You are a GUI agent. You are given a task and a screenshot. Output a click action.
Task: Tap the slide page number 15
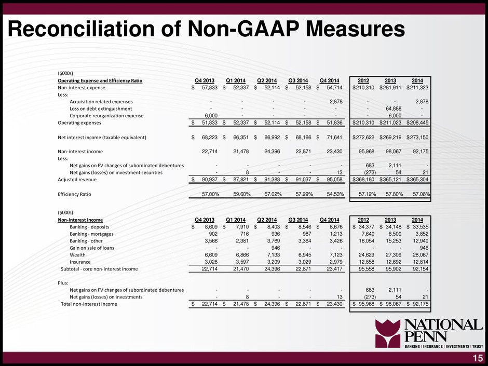tap(478, 358)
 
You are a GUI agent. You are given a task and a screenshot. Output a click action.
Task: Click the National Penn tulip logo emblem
tap(388, 333)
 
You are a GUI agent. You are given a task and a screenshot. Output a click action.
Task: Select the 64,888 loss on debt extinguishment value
tap(394, 109)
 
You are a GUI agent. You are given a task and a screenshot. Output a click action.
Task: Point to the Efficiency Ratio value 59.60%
tap(242, 194)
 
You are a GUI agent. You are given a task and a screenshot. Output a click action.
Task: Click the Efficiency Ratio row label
tap(74, 194)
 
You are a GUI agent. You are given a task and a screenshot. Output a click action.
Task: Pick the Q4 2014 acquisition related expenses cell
tap(336, 101)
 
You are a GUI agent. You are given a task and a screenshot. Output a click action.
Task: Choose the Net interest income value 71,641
tap(334, 137)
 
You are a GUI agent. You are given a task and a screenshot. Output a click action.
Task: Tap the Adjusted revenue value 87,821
tap(241, 179)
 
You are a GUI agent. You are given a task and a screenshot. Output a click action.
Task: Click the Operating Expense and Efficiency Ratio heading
tap(100, 80)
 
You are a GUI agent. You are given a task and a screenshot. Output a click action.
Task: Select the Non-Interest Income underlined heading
tap(80, 220)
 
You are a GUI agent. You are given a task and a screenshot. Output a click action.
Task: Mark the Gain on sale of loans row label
tap(92, 248)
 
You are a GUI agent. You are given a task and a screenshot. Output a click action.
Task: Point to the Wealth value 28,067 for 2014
tap(421, 255)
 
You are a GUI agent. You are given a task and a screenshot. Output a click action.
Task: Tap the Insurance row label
tap(80, 262)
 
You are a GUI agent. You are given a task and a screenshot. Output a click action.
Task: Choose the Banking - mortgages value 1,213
tap(336, 234)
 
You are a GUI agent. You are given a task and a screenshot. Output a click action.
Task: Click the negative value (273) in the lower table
tap(369, 297)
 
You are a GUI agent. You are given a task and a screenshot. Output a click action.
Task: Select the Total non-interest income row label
tap(89, 304)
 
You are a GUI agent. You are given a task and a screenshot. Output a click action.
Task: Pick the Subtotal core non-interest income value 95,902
tap(394, 269)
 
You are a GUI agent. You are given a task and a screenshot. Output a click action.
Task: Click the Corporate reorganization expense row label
tap(106, 116)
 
